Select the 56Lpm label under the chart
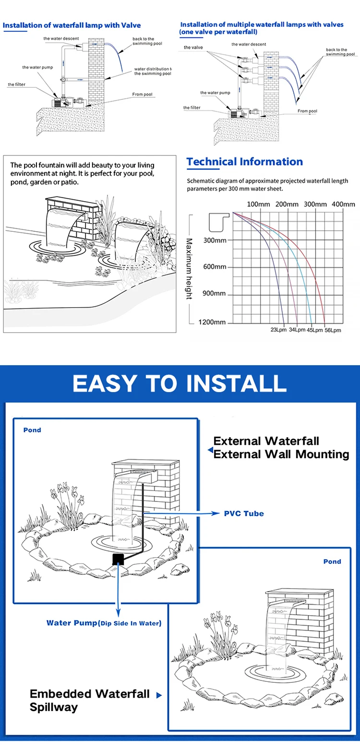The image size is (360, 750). [333, 330]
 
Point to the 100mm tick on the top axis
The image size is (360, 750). [258, 204]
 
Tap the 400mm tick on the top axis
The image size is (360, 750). [343, 204]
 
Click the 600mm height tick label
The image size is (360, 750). [215, 267]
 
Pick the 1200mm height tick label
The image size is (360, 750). [212, 322]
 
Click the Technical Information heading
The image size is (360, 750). [245, 162]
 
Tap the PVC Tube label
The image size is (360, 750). [244, 513]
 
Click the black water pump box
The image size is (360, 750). [118, 559]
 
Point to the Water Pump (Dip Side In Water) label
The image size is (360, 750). [104, 623]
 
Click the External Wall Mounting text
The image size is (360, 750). [281, 454]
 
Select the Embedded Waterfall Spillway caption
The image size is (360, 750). [90, 700]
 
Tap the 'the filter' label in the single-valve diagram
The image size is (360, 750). [16, 84]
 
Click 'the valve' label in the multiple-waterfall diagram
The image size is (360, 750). [193, 48]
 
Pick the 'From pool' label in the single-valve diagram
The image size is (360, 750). [142, 95]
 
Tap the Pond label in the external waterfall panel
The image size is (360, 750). [32, 430]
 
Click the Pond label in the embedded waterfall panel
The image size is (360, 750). [332, 561]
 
